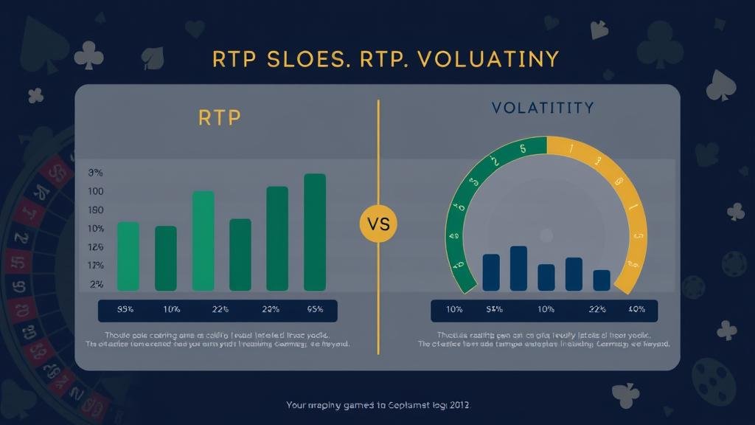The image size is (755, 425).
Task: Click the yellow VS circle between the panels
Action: point(377,223)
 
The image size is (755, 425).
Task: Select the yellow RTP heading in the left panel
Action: point(220,118)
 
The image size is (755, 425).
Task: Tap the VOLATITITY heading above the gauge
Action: point(542,108)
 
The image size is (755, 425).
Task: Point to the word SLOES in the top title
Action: point(297,59)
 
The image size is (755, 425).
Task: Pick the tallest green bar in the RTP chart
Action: point(315,232)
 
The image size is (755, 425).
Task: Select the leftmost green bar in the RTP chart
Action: point(128,256)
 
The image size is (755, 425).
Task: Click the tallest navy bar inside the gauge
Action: point(518,268)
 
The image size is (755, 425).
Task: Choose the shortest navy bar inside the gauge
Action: point(602,280)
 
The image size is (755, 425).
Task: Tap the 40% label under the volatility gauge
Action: point(638,309)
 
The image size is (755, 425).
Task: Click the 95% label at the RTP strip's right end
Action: point(315,309)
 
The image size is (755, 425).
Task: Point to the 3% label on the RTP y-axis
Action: point(96,173)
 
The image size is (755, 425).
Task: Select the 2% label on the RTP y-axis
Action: point(97,284)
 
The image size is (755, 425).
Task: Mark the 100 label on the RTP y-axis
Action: point(96,192)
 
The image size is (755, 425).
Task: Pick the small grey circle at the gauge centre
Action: point(546,235)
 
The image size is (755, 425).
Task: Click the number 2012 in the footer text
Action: point(458,405)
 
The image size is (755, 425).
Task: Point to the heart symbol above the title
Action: point(195,29)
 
